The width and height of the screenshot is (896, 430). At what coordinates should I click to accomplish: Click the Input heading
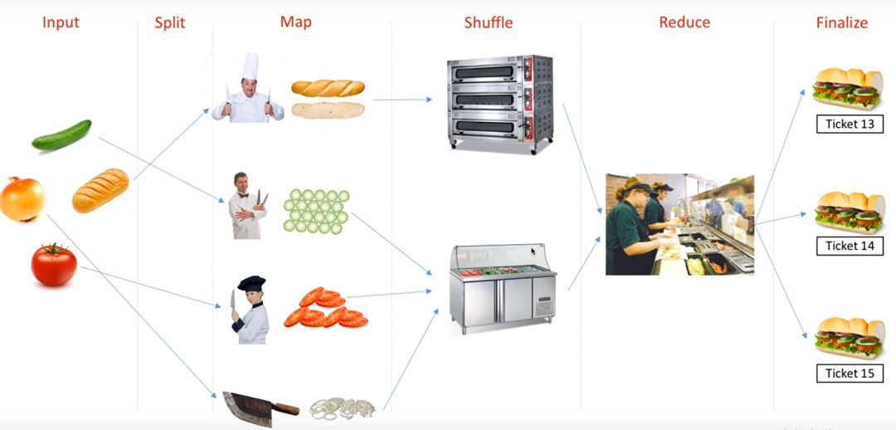click(x=61, y=22)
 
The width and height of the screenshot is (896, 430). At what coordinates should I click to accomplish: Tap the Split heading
click(x=170, y=22)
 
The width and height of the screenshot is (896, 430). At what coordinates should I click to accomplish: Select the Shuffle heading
click(x=488, y=22)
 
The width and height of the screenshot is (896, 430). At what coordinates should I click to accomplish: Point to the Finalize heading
click(x=841, y=22)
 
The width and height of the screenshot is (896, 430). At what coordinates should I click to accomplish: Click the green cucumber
click(x=61, y=135)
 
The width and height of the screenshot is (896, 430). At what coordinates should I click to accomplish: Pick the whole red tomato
click(x=54, y=265)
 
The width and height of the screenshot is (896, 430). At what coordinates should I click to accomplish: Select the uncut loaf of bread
click(x=100, y=190)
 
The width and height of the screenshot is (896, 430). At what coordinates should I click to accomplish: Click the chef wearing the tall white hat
click(x=248, y=90)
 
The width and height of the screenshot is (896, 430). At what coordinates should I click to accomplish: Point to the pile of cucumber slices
click(x=316, y=211)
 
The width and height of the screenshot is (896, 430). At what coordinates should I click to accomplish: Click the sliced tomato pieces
click(x=325, y=308)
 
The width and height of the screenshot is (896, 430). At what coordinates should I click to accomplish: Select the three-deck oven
click(x=500, y=101)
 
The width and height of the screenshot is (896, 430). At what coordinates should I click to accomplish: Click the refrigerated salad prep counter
click(x=503, y=287)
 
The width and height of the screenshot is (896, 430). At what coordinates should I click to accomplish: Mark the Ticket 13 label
click(x=850, y=125)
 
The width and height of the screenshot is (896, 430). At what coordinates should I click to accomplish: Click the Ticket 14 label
click(x=850, y=246)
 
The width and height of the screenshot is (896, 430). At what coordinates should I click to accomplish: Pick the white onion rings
click(x=343, y=408)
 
